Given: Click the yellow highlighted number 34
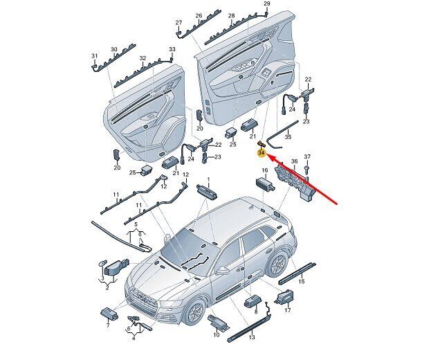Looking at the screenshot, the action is tap(262, 153).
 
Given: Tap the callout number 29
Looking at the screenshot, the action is tap(266, 3).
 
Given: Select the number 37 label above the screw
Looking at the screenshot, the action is tap(307, 156).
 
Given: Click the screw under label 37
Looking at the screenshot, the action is tap(307, 168).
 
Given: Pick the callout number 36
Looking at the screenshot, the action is tap(294, 161).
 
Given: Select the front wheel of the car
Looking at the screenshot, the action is tap(194, 311).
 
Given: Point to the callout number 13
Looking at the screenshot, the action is tap(252, 337).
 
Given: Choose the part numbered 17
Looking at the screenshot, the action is tap(284, 298).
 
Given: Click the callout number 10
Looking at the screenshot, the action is tap(216, 334).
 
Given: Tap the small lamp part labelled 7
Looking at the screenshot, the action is tap(109, 314).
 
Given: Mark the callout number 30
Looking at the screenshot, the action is tap(113, 49).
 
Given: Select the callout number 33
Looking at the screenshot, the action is tap(172, 49).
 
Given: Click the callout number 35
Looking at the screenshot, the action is tap(288, 137).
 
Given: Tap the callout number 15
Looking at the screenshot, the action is tap(302, 281).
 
